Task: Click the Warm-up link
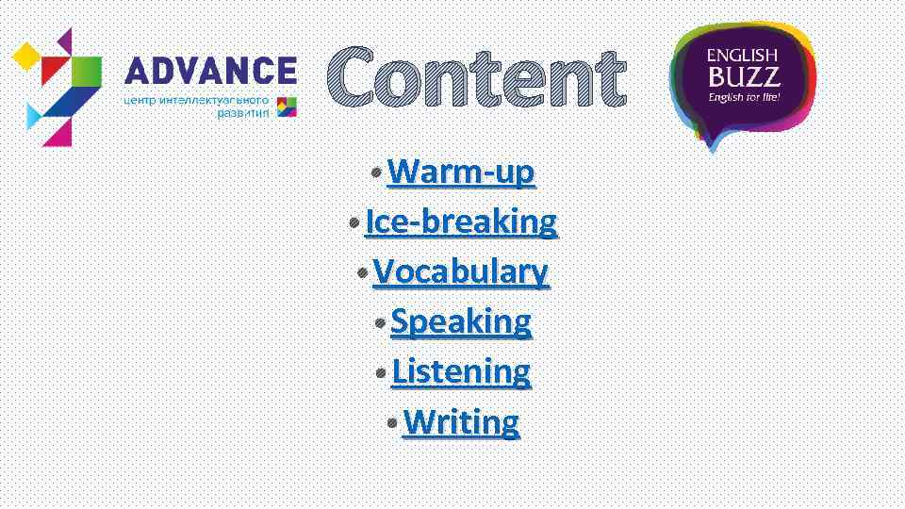(x=461, y=172)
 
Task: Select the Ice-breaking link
(x=461, y=222)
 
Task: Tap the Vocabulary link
(x=460, y=272)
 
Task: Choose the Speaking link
(x=461, y=321)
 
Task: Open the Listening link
(x=461, y=371)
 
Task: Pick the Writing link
(x=461, y=421)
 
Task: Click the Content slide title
(x=476, y=79)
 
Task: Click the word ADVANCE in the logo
(x=210, y=71)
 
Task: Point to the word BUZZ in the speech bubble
(x=744, y=76)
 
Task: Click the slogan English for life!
(x=744, y=96)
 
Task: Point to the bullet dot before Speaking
(x=380, y=322)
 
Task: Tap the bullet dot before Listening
(x=381, y=372)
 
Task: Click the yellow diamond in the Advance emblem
(x=25, y=59)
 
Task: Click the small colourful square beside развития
(x=287, y=107)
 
